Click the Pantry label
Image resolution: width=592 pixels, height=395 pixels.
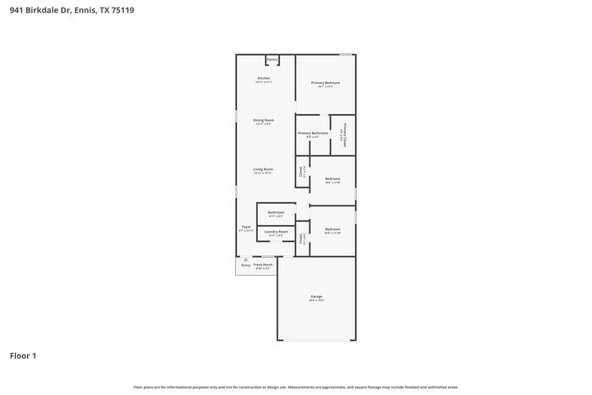pos(272,59)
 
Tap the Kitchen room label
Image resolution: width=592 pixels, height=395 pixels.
pos(264,78)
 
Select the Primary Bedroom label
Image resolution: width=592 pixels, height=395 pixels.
pos(326,83)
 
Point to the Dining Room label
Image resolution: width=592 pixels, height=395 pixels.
pos(264,120)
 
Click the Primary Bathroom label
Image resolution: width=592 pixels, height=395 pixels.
pos(313,133)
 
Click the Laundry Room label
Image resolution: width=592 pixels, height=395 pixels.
pos(277,231)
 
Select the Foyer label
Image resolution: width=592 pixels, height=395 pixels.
pos(246,227)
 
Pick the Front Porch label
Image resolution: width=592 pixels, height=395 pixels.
pos(263,265)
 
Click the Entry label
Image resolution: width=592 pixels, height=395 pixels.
pos(245,265)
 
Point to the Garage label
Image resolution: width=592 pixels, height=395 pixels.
pos(316,297)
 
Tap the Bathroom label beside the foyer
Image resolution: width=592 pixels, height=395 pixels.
pos(277,212)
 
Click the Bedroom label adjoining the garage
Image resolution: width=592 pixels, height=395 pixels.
pos(332,229)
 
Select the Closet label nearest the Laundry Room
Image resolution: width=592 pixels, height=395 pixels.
pos(301,239)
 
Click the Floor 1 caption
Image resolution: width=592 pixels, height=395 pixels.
pos(23,355)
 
